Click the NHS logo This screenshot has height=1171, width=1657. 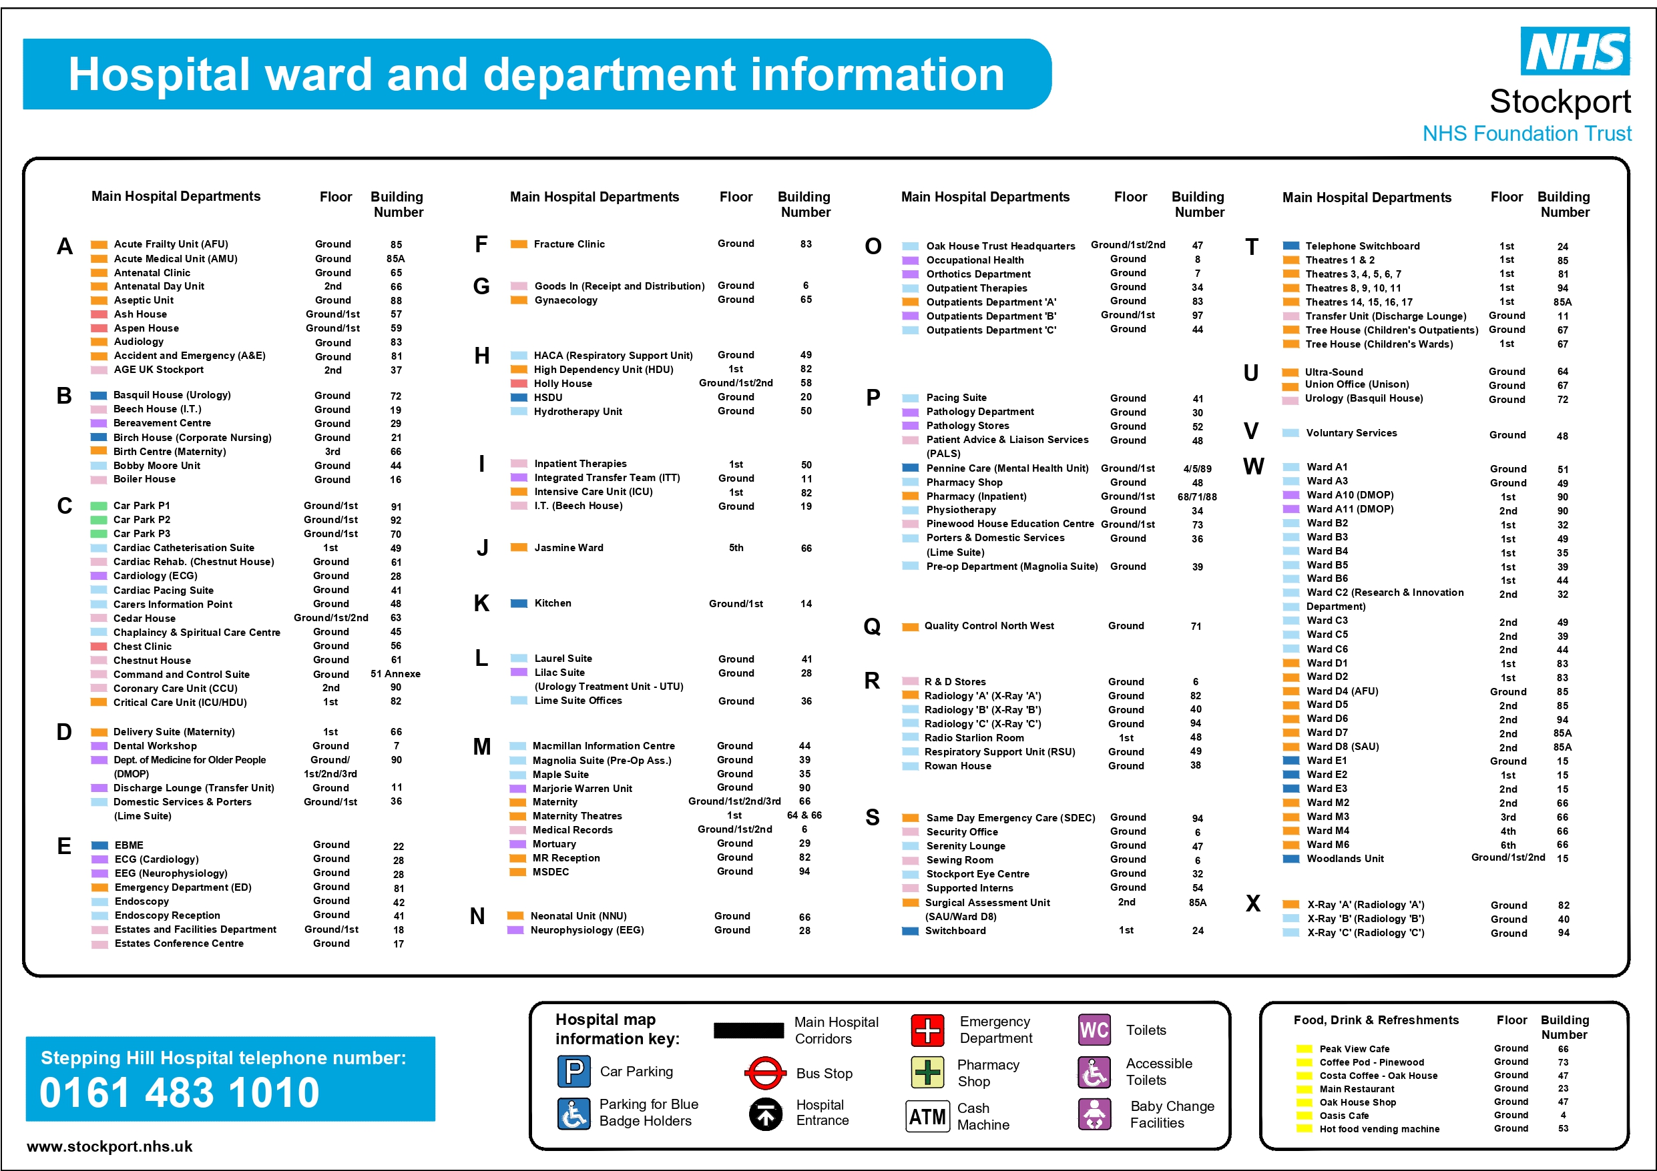point(1575,51)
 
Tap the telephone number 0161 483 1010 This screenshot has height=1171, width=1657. point(179,1092)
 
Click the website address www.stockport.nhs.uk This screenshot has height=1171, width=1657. point(109,1146)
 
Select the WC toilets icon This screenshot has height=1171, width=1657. point(1094,1030)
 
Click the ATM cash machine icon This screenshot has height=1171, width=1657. point(927,1116)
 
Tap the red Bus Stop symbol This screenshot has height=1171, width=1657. point(765,1074)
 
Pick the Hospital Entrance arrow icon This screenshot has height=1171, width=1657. point(766,1115)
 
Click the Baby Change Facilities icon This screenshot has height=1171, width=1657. point(1095,1115)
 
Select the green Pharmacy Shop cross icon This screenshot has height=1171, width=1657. point(927,1072)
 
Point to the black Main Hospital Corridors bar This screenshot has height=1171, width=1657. point(748,1030)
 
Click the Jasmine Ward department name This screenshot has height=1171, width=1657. point(569,548)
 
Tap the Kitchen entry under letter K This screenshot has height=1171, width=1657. point(553,603)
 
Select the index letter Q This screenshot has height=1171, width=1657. point(872,627)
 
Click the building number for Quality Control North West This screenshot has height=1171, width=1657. point(1196,627)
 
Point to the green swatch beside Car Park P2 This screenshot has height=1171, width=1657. point(99,520)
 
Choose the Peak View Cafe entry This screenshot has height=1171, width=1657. point(1354,1049)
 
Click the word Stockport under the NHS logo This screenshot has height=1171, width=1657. point(1560,101)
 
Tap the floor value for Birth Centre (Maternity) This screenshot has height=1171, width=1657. point(332,452)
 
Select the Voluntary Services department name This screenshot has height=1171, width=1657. point(1351,433)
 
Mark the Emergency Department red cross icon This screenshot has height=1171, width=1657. point(927,1030)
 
